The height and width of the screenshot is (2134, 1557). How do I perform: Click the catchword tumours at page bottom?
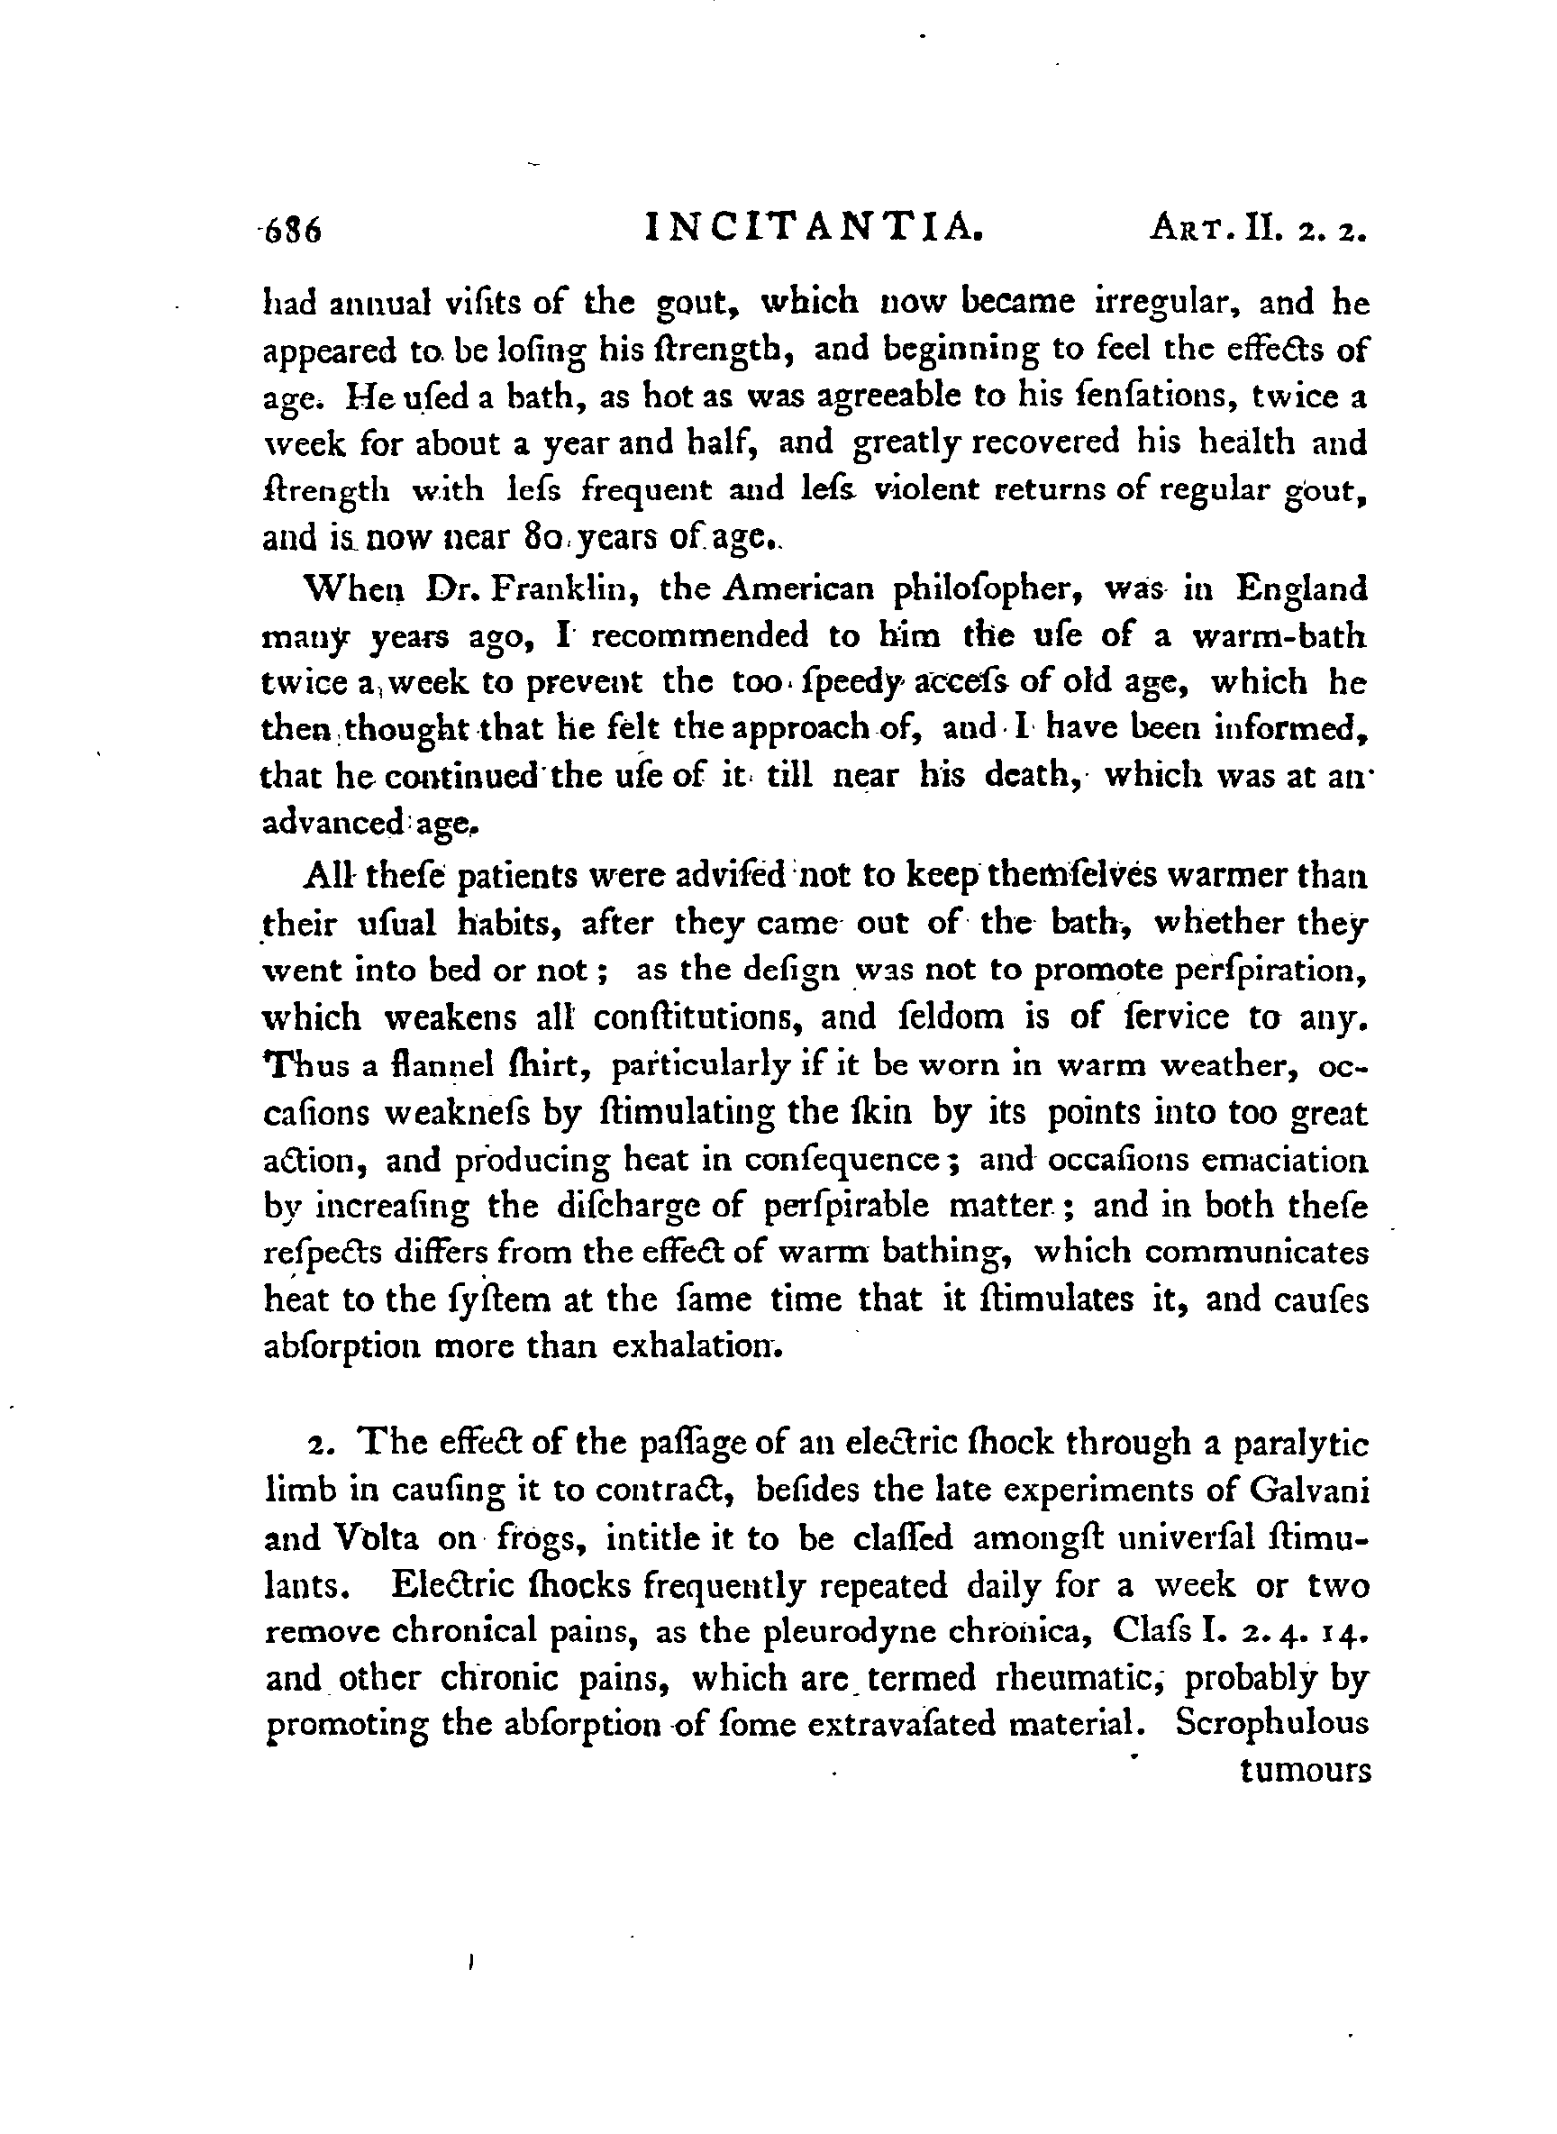pyautogui.click(x=1306, y=1771)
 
